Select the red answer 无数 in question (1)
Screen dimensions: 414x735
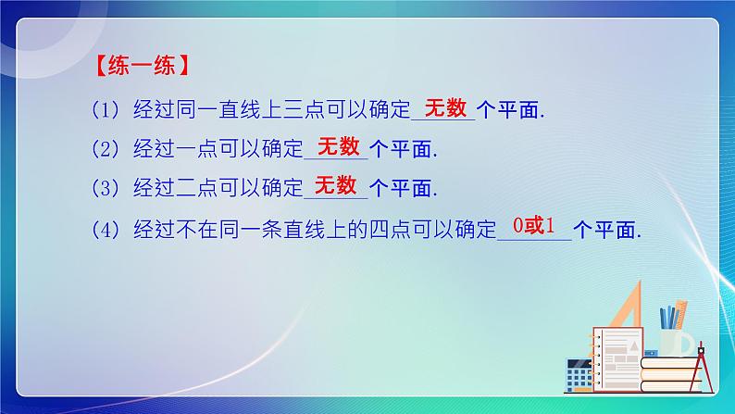point(442,108)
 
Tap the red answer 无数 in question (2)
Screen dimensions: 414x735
point(337,146)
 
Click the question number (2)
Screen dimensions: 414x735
point(106,149)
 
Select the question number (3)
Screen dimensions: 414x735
point(106,187)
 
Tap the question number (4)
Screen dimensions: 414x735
point(106,228)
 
